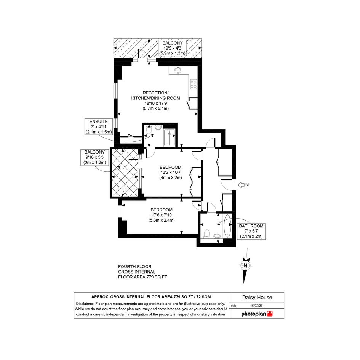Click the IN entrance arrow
241,185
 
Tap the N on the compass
245,266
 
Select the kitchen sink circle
178,70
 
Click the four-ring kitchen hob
194,84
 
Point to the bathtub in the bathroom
227,226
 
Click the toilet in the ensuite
149,130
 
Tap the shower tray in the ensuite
170,138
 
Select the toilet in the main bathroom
206,234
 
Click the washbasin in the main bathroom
217,236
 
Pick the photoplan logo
257,314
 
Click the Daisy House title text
257,297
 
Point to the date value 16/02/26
256,306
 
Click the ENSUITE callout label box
99,127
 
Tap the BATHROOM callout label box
251,231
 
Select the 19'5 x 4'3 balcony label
172,48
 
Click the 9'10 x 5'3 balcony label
94,157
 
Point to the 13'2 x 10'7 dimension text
171,173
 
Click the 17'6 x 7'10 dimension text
162,215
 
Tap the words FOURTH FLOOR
135,267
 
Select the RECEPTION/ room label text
156,93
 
